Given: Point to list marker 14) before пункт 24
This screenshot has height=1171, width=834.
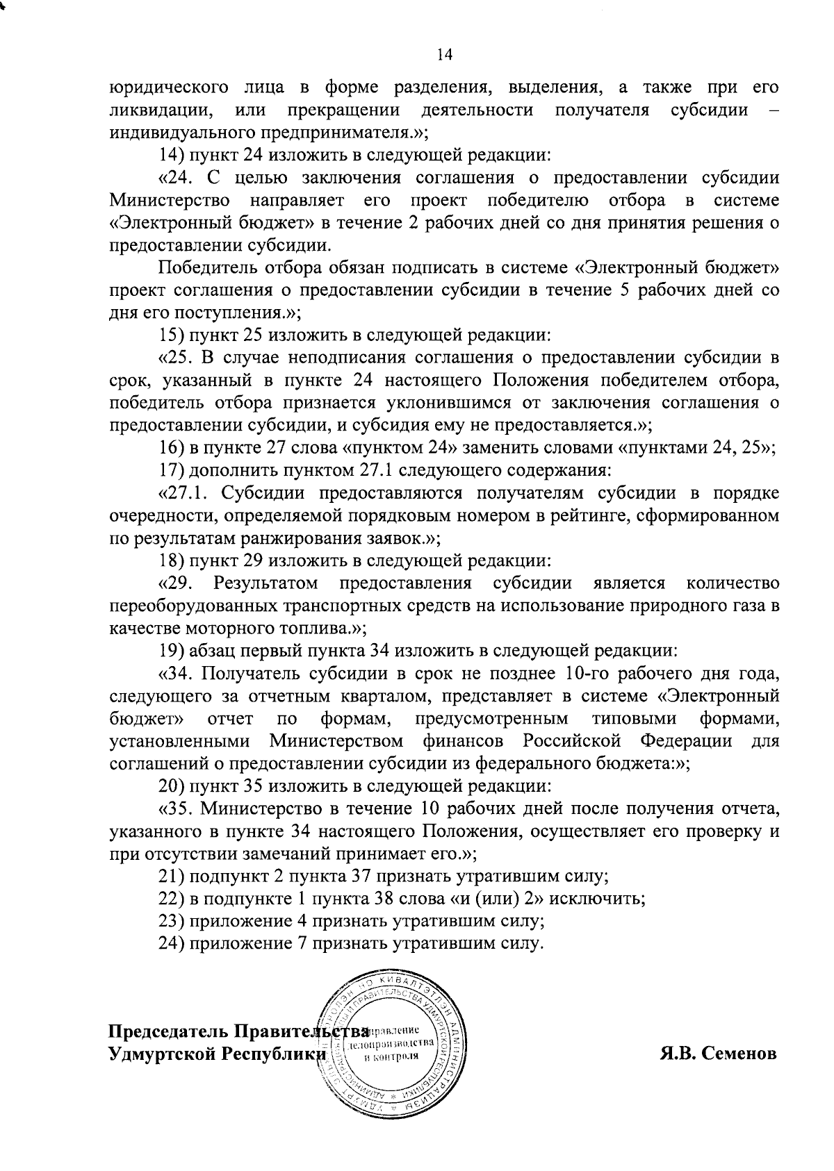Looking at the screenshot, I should point(170,154).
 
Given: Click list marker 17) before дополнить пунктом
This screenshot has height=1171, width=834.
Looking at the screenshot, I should point(170,470).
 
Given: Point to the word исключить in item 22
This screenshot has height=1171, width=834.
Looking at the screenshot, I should point(602,899).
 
